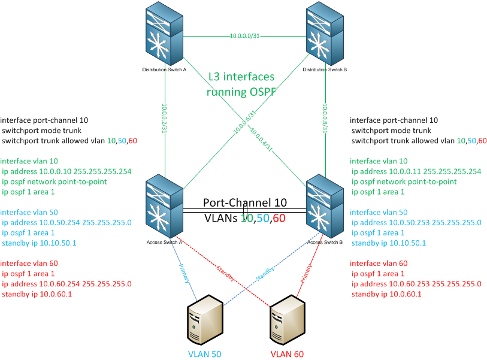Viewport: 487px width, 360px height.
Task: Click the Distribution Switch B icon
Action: coord(325,35)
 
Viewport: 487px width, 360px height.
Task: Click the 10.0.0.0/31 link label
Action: coord(244,36)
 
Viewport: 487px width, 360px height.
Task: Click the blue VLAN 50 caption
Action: coord(205,354)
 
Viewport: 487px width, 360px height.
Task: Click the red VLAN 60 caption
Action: coord(288,354)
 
